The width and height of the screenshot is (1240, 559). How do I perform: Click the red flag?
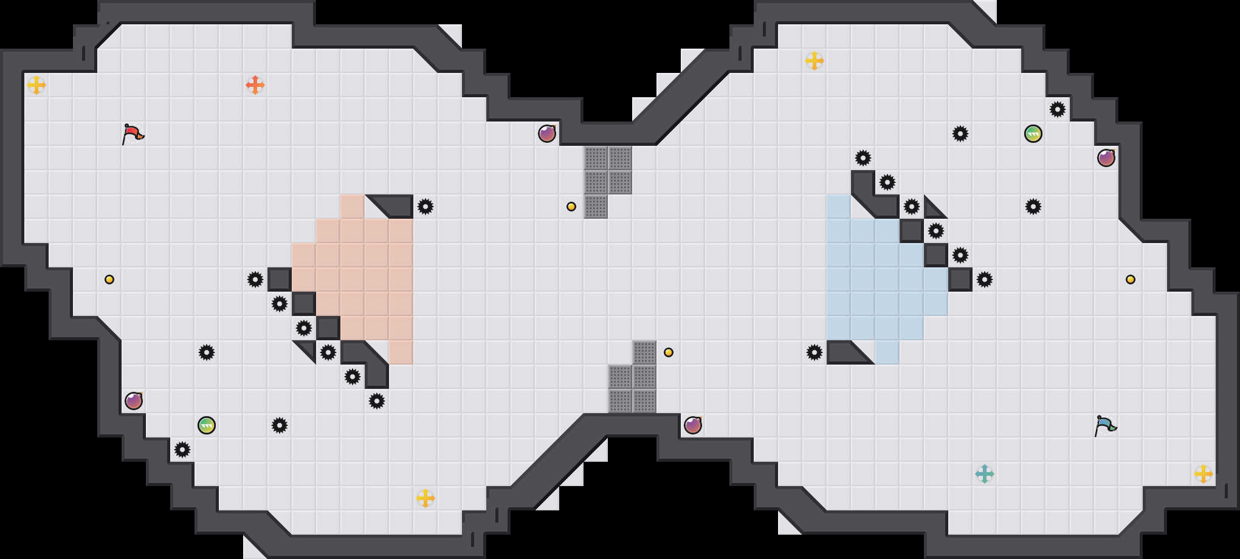click(x=133, y=134)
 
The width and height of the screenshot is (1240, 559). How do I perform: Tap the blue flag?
click(x=1105, y=425)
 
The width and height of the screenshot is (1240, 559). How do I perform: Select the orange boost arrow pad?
click(x=255, y=85)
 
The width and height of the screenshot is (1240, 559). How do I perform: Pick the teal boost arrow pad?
click(x=985, y=474)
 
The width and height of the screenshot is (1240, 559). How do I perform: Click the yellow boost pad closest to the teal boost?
click(x=1204, y=474)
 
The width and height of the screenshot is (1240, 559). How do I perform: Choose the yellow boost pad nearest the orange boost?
click(x=36, y=85)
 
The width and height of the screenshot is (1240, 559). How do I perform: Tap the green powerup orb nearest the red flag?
click(x=207, y=425)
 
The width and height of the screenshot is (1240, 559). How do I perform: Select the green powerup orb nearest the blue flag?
click(x=1033, y=134)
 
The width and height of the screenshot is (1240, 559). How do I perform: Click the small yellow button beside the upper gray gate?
click(x=571, y=207)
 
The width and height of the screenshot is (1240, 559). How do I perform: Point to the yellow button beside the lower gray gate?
click(x=669, y=352)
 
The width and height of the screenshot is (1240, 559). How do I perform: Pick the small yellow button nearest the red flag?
click(x=109, y=279)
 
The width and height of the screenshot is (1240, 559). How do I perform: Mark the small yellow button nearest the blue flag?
click(x=1131, y=279)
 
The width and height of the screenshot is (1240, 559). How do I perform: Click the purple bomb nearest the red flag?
click(x=134, y=401)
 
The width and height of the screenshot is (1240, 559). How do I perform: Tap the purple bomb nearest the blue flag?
click(x=1106, y=158)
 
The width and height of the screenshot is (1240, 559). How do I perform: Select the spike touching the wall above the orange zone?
click(x=425, y=207)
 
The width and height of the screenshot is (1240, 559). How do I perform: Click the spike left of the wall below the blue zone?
click(x=815, y=352)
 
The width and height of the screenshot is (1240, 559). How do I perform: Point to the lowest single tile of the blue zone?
click(x=887, y=352)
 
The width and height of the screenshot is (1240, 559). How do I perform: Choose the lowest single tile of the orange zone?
click(x=401, y=352)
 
